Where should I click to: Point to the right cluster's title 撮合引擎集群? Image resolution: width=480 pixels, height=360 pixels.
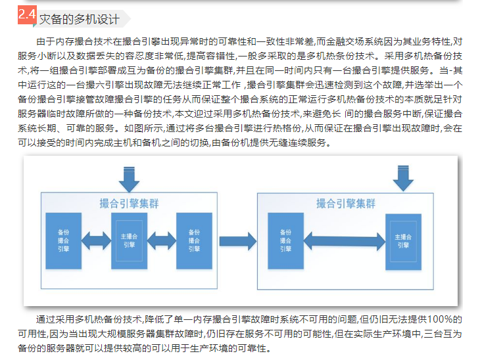pyautogui.click(x=346, y=204)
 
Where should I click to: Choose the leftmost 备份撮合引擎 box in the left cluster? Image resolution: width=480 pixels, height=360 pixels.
pyautogui.click(x=64, y=240)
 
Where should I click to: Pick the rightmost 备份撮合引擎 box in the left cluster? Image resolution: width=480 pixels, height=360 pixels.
pyautogui.click(x=195, y=240)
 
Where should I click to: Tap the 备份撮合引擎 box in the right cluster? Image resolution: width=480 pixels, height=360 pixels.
pyautogui.click(x=285, y=240)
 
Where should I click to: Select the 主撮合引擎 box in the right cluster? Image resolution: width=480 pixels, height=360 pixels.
pyautogui.click(x=403, y=240)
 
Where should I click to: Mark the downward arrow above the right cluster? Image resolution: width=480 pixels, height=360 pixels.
pyautogui.click(x=403, y=177)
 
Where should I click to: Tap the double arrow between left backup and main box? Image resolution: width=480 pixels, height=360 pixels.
pyautogui.click(x=97, y=241)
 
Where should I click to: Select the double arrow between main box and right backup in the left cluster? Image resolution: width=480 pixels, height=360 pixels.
pyautogui.click(x=162, y=241)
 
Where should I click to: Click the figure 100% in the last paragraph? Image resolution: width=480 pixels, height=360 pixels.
pyautogui.click(x=433, y=319)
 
